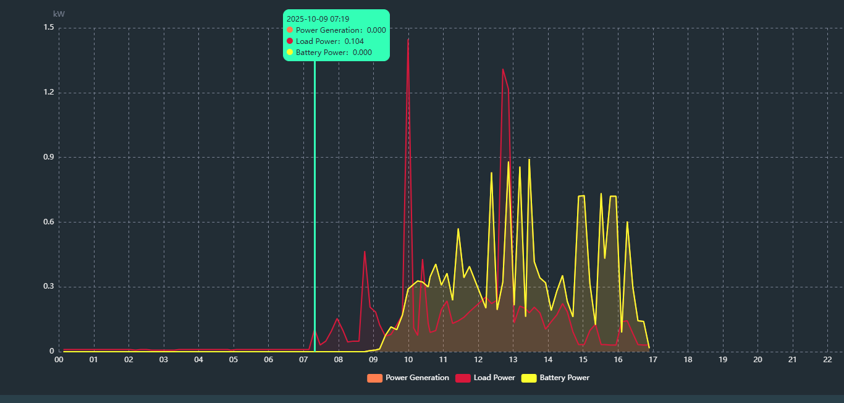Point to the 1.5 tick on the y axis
pos(49,28)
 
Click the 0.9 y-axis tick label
pos(49,157)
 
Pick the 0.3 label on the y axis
pos(49,287)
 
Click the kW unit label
pos(59,14)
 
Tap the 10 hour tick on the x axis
pos(408,359)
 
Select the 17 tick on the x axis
pos(652,359)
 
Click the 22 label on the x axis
pos(827,359)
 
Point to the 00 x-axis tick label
pos(59,359)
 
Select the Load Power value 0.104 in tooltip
pos(354,41)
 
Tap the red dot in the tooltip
pos(290,41)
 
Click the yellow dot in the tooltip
pos(290,52)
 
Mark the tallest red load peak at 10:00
pos(408,40)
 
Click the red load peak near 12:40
pos(503,69)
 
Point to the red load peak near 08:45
pos(365,252)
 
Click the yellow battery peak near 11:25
pos(458,229)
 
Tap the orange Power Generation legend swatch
pos(374,378)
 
